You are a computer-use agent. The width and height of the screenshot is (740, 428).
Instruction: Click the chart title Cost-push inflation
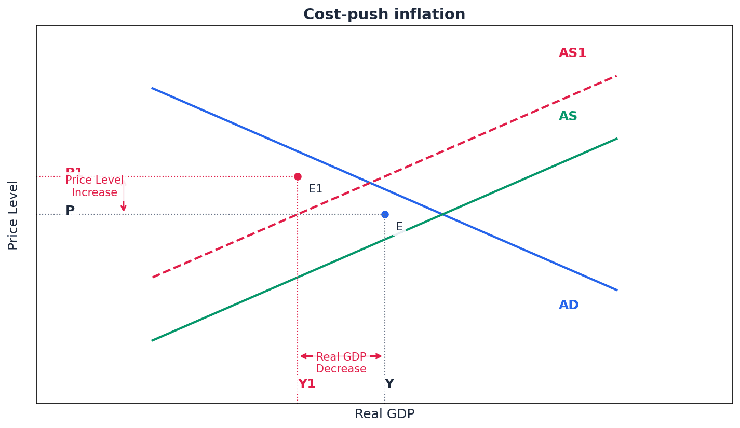coord(384,15)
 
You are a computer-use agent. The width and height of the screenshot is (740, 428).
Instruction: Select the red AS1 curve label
coord(572,53)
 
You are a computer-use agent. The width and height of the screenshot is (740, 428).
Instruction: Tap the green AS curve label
coord(568,117)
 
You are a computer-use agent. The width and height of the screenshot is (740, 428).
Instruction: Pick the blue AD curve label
coord(569,306)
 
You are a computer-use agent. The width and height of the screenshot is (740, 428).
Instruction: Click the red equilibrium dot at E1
coord(298,176)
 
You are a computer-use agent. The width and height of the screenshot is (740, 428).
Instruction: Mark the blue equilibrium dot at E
coord(385,214)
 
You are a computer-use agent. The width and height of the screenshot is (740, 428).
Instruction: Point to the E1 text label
coord(316,189)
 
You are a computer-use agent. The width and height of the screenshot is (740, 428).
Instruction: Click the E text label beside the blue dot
coord(399,227)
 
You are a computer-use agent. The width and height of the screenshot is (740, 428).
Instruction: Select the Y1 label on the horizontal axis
coord(307,384)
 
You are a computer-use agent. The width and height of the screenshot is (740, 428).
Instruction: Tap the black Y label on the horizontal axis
coord(389,384)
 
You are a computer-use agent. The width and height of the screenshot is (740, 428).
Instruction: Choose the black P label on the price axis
coord(70,211)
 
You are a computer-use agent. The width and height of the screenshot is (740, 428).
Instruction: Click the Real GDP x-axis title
coord(384,415)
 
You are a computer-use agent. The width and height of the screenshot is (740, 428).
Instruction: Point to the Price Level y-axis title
coord(14,215)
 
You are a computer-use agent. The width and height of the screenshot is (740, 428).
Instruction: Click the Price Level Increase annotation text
coord(95,187)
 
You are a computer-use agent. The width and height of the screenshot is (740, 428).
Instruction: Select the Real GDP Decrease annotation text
coord(341,363)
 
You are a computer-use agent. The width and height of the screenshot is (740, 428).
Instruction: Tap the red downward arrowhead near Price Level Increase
coord(124,208)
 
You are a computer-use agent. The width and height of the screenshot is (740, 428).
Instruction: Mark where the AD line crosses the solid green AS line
coord(442,214)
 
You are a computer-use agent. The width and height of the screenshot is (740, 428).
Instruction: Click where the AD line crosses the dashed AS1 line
coord(370,183)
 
